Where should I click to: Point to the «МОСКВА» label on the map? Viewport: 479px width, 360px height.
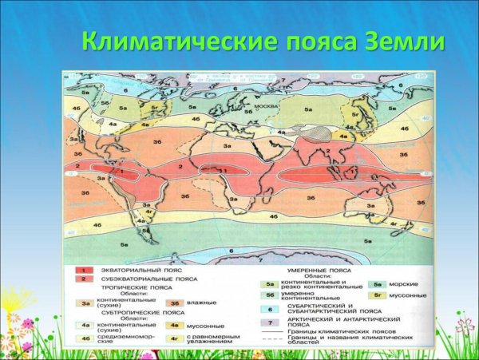tap(264, 105)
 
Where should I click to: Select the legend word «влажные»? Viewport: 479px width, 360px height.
tap(204, 303)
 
